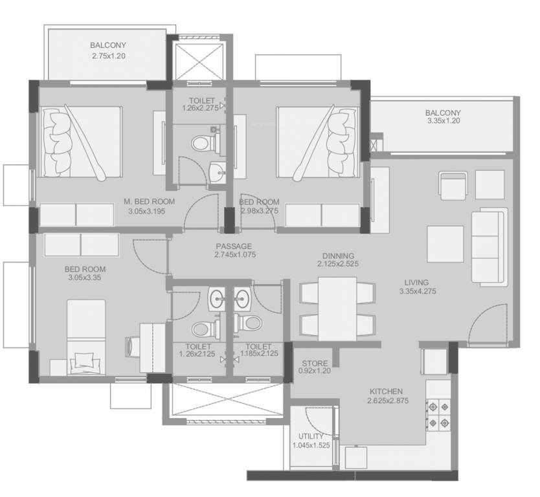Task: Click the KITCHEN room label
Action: click(x=386, y=392)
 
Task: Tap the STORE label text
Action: click(x=315, y=363)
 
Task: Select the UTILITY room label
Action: click(x=311, y=436)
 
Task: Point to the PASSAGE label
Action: click(x=234, y=246)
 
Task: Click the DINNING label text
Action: click(x=338, y=256)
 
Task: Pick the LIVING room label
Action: click(x=416, y=283)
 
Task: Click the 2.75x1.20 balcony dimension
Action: click(x=109, y=56)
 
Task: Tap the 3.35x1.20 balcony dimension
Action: click(x=444, y=121)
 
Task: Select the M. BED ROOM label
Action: click(x=149, y=201)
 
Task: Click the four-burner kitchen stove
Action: click(x=438, y=414)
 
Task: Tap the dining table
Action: click(x=337, y=309)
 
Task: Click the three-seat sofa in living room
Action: click(x=489, y=247)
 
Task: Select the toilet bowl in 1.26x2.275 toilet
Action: click(x=203, y=143)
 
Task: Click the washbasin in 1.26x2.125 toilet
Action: click(x=216, y=299)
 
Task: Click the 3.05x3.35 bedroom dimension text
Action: click(x=85, y=278)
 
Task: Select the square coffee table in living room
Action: click(x=445, y=244)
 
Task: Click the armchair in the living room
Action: click(x=453, y=185)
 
